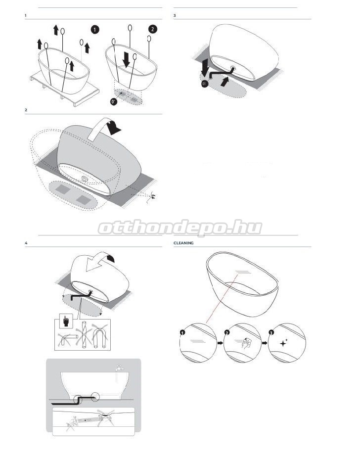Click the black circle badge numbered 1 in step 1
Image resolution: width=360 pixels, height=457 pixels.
click(94, 30)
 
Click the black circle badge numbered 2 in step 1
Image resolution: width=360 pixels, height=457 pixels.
click(152, 29)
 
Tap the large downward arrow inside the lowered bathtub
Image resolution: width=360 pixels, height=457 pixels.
click(126, 59)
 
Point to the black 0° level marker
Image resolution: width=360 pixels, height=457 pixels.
click(114, 102)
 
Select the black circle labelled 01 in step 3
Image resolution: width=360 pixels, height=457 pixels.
click(204, 84)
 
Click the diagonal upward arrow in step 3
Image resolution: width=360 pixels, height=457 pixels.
click(224, 81)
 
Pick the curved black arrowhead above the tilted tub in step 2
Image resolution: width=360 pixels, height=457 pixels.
click(114, 128)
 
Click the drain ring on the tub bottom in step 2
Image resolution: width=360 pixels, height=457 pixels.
click(85, 179)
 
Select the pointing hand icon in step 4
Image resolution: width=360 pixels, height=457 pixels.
click(66, 321)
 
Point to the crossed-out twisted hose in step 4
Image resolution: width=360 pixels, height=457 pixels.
click(84, 335)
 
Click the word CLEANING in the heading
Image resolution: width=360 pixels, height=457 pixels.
click(183, 243)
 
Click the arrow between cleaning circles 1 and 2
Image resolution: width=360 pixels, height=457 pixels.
click(220, 343)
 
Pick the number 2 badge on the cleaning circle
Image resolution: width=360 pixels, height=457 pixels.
click(227, 332)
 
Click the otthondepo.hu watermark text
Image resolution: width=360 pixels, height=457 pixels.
click(180, 228)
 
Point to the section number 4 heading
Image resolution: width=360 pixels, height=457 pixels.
click(26, 243)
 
